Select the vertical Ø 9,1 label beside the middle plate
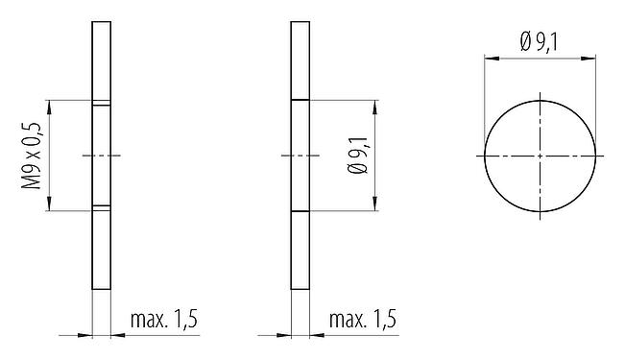click(359, 155)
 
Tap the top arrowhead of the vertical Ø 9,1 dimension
click(374, 104)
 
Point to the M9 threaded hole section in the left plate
click(102, 155)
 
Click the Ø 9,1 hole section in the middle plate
click(300, 155)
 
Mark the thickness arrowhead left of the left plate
click(87, 334)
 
